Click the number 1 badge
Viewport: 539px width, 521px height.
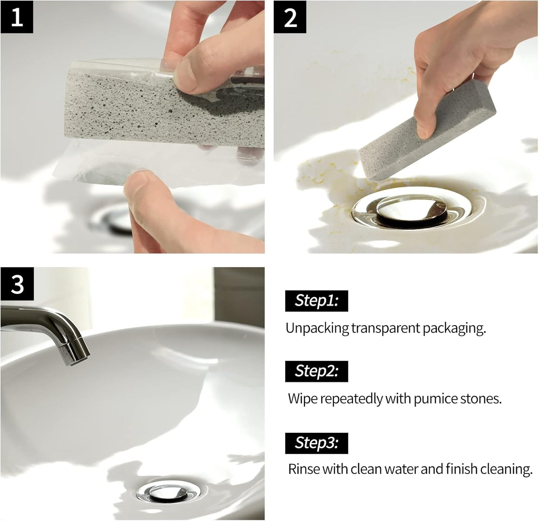click(x=16, y=17)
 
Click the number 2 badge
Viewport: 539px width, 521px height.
click(x=290, y=17)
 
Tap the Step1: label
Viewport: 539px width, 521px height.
click(x=316, y=301)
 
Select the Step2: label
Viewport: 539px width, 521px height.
click(x=316, y=371)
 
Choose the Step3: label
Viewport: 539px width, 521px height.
click(x=316, y=443)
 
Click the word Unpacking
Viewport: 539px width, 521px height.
click(x=317, y=328)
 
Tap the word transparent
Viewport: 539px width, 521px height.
click(x=385, y=328)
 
